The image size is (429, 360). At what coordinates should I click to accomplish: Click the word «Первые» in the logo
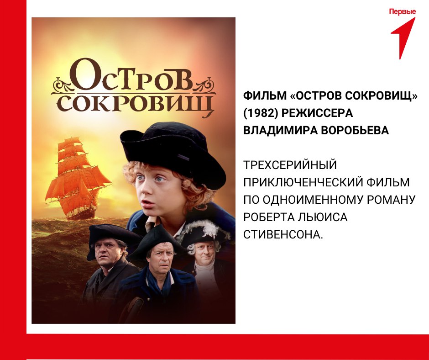[402, 12]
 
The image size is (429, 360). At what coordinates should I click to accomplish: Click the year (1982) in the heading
[261, 113]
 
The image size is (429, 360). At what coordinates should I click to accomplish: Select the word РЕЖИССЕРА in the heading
[317, 113]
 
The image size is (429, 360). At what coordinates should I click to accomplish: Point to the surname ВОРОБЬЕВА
[355, 130]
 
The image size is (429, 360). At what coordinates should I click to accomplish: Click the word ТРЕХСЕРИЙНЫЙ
[290, 165]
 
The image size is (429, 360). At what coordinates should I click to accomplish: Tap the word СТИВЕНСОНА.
[283, 234]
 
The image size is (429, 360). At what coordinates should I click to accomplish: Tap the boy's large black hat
[173, 152]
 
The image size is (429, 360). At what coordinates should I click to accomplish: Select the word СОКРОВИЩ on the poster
[136, 104]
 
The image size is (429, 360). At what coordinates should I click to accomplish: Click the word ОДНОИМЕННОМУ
[313, 200]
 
